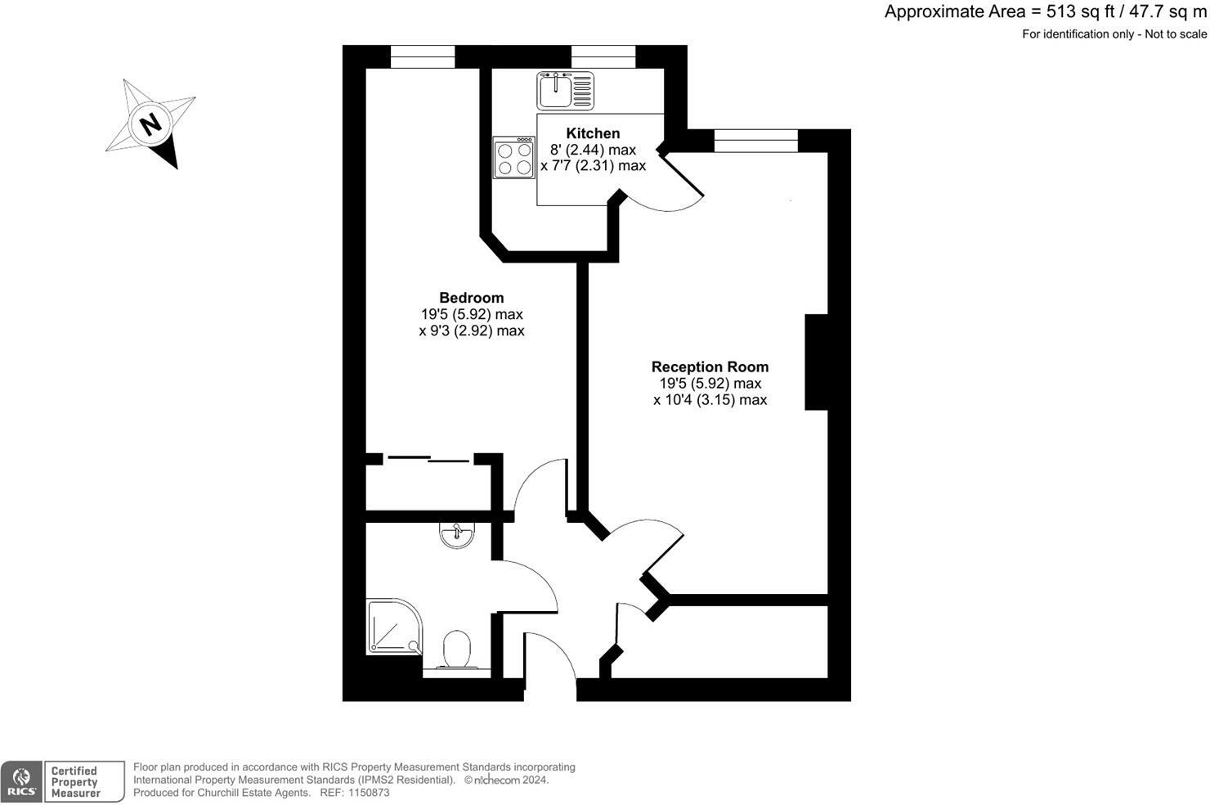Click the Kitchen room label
point(593,133)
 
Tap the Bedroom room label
point(471,298)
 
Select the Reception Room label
point(710,367)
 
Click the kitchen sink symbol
point(565,90)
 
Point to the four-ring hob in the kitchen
point(513,157)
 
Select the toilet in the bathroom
point(457,650)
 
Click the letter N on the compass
point(150,125)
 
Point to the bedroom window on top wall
point(422,56)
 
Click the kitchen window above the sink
point(603,56)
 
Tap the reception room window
point(755,141)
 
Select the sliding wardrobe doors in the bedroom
point(428,458)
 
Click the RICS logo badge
point(21,781)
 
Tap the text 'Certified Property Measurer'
point(75,781)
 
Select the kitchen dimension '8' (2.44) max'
point(593,150)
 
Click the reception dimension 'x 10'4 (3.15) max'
point(710,400)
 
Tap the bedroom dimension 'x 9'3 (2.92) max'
point(471,331)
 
